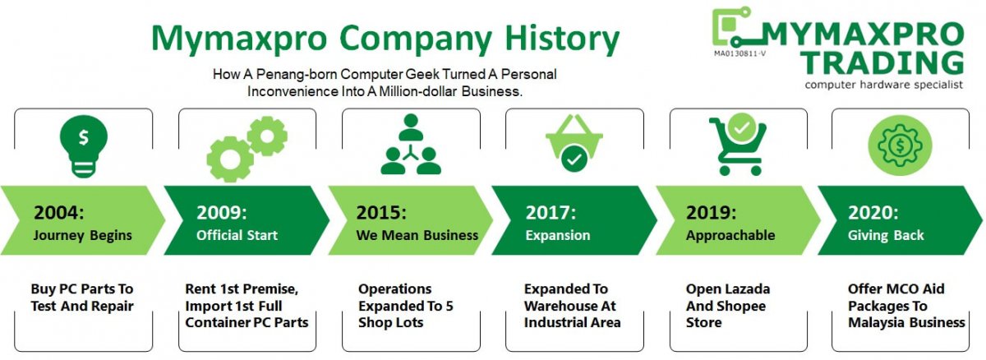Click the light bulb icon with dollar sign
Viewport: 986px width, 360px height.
click(x=84, y=146)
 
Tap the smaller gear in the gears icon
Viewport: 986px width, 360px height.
click(x=267, y=136)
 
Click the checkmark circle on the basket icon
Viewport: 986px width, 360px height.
click(x=574, y=159)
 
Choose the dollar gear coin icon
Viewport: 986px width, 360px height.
click(x=900, y=145)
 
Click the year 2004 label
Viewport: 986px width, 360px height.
click(x=59, y=213)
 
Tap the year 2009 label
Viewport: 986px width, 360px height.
click(x=222, y=213)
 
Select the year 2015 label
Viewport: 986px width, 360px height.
click(x=381, y=213)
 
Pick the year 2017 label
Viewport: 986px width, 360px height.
click(x=551, y=213)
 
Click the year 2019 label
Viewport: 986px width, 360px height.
click(x=712, y=213)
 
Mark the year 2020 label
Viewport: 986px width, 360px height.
click(x=873, y=213)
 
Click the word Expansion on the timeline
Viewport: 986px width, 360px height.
click(x=558, y=235)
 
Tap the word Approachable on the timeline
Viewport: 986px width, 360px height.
click(x=730, y=235)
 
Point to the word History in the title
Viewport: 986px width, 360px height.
click(x=562, y=39)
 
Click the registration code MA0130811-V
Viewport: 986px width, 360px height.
click(x=740, y=53)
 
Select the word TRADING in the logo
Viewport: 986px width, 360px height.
click(x=882, y=63)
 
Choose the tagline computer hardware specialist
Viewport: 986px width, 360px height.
click(x=883, y=85)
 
